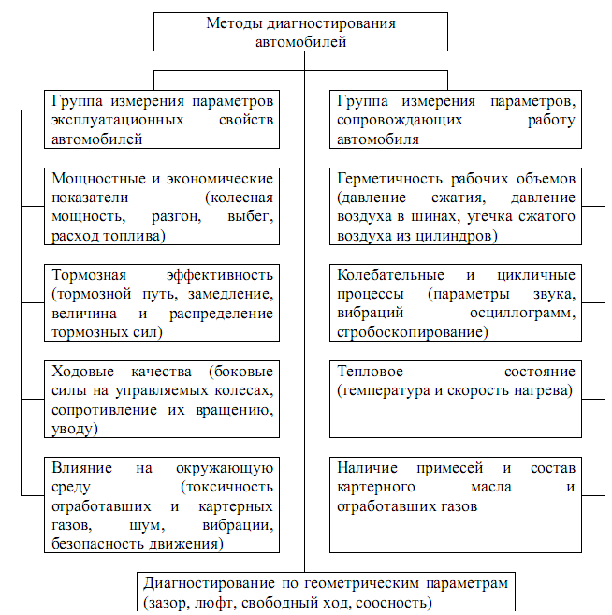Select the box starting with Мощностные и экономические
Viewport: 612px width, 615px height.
(x=162, y=207)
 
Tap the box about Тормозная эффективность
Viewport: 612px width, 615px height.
(x=162, y=302)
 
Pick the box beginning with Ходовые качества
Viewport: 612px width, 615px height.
(x=162, y=398)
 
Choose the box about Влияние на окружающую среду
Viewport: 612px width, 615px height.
(x=162, y=504)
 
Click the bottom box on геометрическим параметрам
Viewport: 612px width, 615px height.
(x=327, y=592)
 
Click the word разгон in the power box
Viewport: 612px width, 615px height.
(x=175, y=217)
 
